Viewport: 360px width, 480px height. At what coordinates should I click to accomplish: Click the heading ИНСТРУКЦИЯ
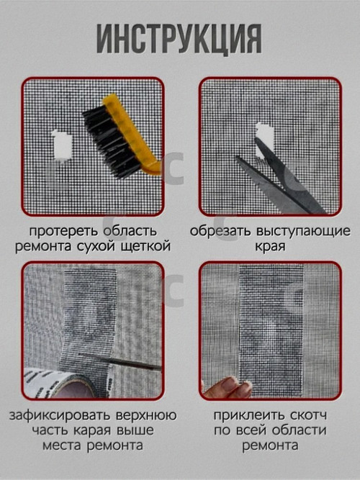click(180, 40)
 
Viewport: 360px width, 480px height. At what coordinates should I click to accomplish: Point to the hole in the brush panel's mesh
click(62, 144)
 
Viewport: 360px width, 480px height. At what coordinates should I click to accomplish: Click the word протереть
click(63, 232)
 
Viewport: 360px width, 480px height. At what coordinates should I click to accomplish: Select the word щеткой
click(145, 246)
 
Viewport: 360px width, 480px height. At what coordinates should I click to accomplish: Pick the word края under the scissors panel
click(270, 247)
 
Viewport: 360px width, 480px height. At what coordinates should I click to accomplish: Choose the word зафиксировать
click(60, 416)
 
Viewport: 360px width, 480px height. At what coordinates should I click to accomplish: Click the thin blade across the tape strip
click(120, 361)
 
